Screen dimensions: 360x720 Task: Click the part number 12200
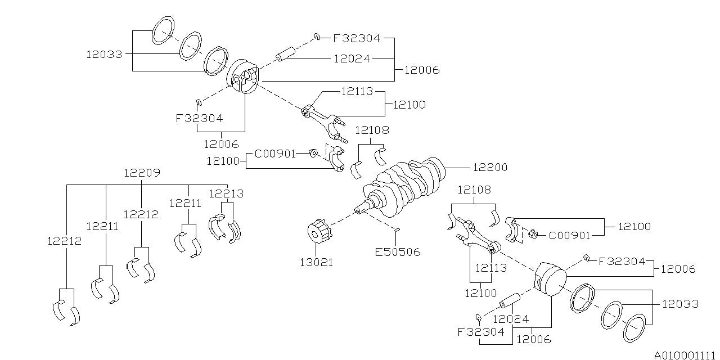click(x=489, y=168)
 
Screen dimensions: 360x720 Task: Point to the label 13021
click(x=316, y=262)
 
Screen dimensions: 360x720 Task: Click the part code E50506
click(x=398, y=252)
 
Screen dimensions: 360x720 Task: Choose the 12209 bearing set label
click(x=142, y=173)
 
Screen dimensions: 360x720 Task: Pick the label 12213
click(x=226, y=194)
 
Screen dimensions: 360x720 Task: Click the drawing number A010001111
click(x=685, y=354)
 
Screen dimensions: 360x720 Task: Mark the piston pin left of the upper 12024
click(x=285, y=55)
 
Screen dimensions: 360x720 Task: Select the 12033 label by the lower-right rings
click(x=680, y=304)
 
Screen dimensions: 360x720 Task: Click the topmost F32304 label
click(x=356, y=39)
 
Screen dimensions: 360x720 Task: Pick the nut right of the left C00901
click(x=314, y=153)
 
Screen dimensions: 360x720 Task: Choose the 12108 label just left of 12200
click(x=371, y=130)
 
